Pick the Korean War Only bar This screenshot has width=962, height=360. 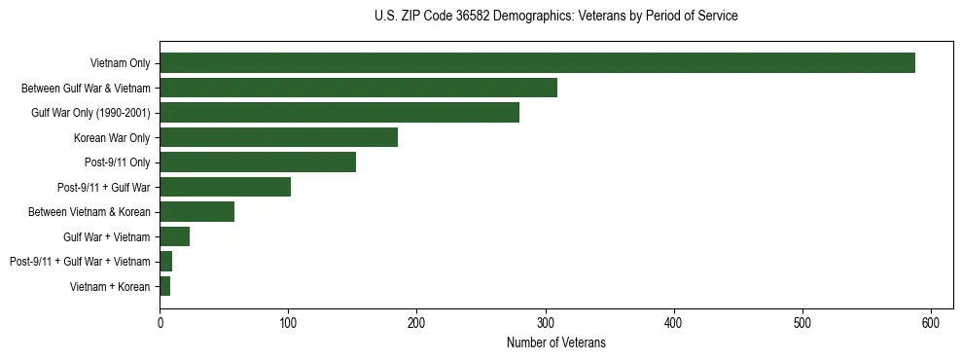pyautogui.click(x=278, y=137)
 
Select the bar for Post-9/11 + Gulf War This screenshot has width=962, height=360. pyautogui.click(x=225, y=187)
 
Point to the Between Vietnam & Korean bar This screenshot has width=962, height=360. pyautogui.click(x=196, y=212)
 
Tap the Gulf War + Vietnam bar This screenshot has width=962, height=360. pyautogui.click(x=174, y=236)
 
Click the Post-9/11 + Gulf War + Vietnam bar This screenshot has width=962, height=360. pyautogui.click(x=166, y=262)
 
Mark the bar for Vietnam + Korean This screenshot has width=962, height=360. pyautogui.click(x=164, y=286)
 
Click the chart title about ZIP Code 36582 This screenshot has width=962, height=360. pyautogui.click(x=555, y=17)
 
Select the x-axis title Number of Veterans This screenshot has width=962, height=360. pyautogui.click(x=555, y=342)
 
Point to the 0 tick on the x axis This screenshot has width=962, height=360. pyautogui.click(x=160, y=322)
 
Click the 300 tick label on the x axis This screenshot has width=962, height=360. pyautogui.click(x=546, y=322)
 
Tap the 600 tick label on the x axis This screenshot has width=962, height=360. pyautogui.click(x=931, y=322)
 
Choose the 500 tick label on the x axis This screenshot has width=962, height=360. pyautogui.click(x=802, y=322)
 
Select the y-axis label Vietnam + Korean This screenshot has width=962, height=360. pyautogui.click(x=110, y=287)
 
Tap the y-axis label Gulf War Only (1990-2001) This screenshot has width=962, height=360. pyautogui.click(x=90, y=113)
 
